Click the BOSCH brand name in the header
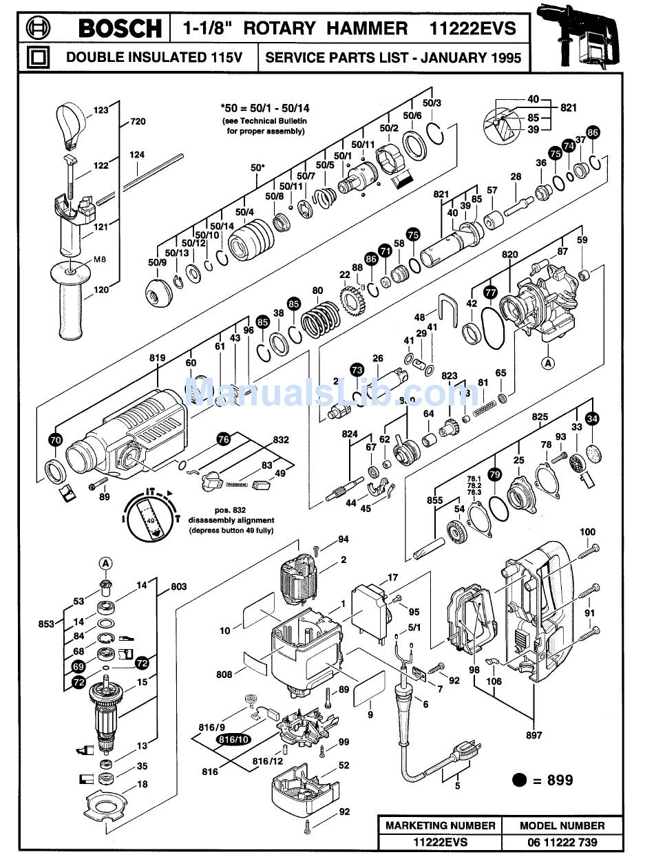pos(119,28)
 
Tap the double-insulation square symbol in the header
pos(39,56)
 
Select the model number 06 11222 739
pos(562,842)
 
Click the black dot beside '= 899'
pos(520,780)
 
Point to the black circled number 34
pos(592,418)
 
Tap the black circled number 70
pos(56,438)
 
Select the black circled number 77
pos(490,291)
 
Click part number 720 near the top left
pos(137,123)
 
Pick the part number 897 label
pos(534,736)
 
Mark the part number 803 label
pos(178,586)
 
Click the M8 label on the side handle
pos(101,260)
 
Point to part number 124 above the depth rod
pos(137,156)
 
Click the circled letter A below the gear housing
pos(548,362)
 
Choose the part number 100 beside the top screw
pos(587,532)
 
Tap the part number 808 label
pos(224,675)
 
